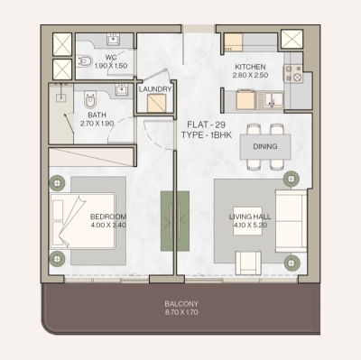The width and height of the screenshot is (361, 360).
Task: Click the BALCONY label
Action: tap(181, 303)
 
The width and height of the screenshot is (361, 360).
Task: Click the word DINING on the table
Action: tap(265, 146)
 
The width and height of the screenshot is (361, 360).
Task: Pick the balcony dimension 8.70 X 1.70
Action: tap(181, 312)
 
